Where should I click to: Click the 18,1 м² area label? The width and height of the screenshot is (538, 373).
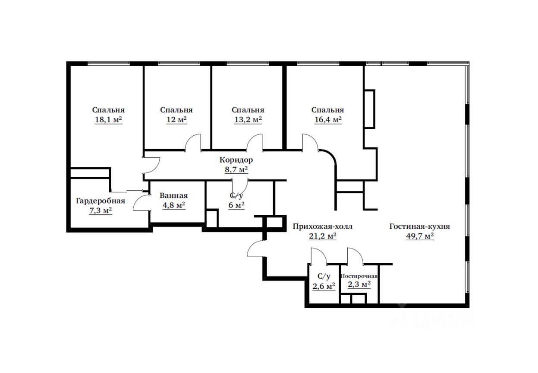click(108, 120)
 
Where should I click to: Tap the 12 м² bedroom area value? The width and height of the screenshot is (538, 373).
click(176, 120)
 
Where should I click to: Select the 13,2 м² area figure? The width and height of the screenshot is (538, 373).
click(248, 120)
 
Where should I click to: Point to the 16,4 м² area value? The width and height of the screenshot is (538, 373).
click(328, 120)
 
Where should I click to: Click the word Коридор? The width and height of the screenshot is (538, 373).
click(236, 160)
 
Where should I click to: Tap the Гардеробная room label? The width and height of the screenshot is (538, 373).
click(100, 201)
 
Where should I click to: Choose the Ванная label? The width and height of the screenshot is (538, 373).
click(173, 195)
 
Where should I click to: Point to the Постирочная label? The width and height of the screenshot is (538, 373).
click(359, 276)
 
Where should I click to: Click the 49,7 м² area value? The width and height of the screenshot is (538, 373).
click(420, 236)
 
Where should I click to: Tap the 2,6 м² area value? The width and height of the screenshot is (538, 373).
click(324, 286)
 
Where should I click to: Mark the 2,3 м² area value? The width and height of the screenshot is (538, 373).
click(359, 284)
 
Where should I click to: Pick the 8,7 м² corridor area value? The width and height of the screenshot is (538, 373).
click(236, 169)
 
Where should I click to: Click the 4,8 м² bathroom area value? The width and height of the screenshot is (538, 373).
click(173, 205)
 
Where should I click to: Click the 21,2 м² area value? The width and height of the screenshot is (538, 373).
click(323, 236)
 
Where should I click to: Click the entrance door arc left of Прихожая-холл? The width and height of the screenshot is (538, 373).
click(255, 249)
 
